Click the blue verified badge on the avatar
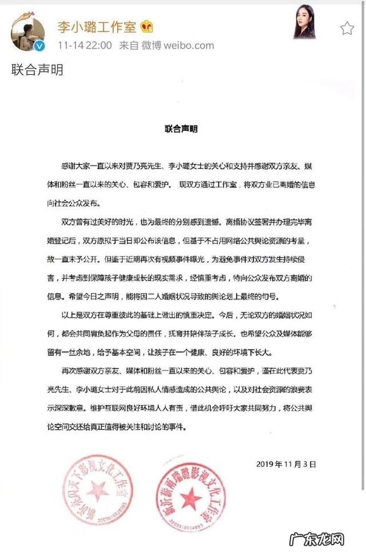pos(40,46)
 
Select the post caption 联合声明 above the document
pos(37,71)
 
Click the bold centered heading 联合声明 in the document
pos(181,130)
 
